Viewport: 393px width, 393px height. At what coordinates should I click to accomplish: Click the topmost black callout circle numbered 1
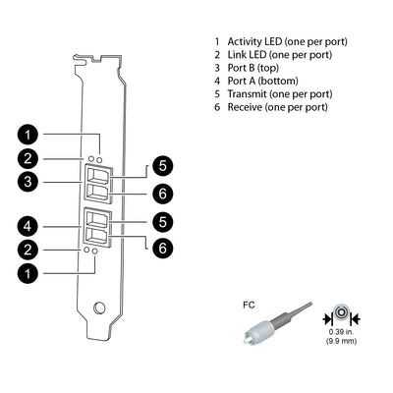tap(30, 134)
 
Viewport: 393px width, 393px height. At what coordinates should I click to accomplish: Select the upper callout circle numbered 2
tap(30, 158)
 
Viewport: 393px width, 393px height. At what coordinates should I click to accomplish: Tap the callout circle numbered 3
tap(30, 182)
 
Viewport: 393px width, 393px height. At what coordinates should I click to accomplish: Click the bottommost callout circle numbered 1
tap(30, 273)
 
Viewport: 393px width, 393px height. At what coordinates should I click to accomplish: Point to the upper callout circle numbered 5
tap(162, 165)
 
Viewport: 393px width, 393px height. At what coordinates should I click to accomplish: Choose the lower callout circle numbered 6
tap(162, 247)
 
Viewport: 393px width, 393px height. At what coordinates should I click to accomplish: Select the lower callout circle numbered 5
tap(162, 223)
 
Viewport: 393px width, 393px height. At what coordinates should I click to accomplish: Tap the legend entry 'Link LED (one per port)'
tap(278, 55)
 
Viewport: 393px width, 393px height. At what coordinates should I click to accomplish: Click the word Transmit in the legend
tap(249, 93)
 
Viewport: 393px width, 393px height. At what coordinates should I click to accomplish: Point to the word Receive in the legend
tap(247, 106)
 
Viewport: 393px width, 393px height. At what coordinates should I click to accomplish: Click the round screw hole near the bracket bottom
tap(98, 309)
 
